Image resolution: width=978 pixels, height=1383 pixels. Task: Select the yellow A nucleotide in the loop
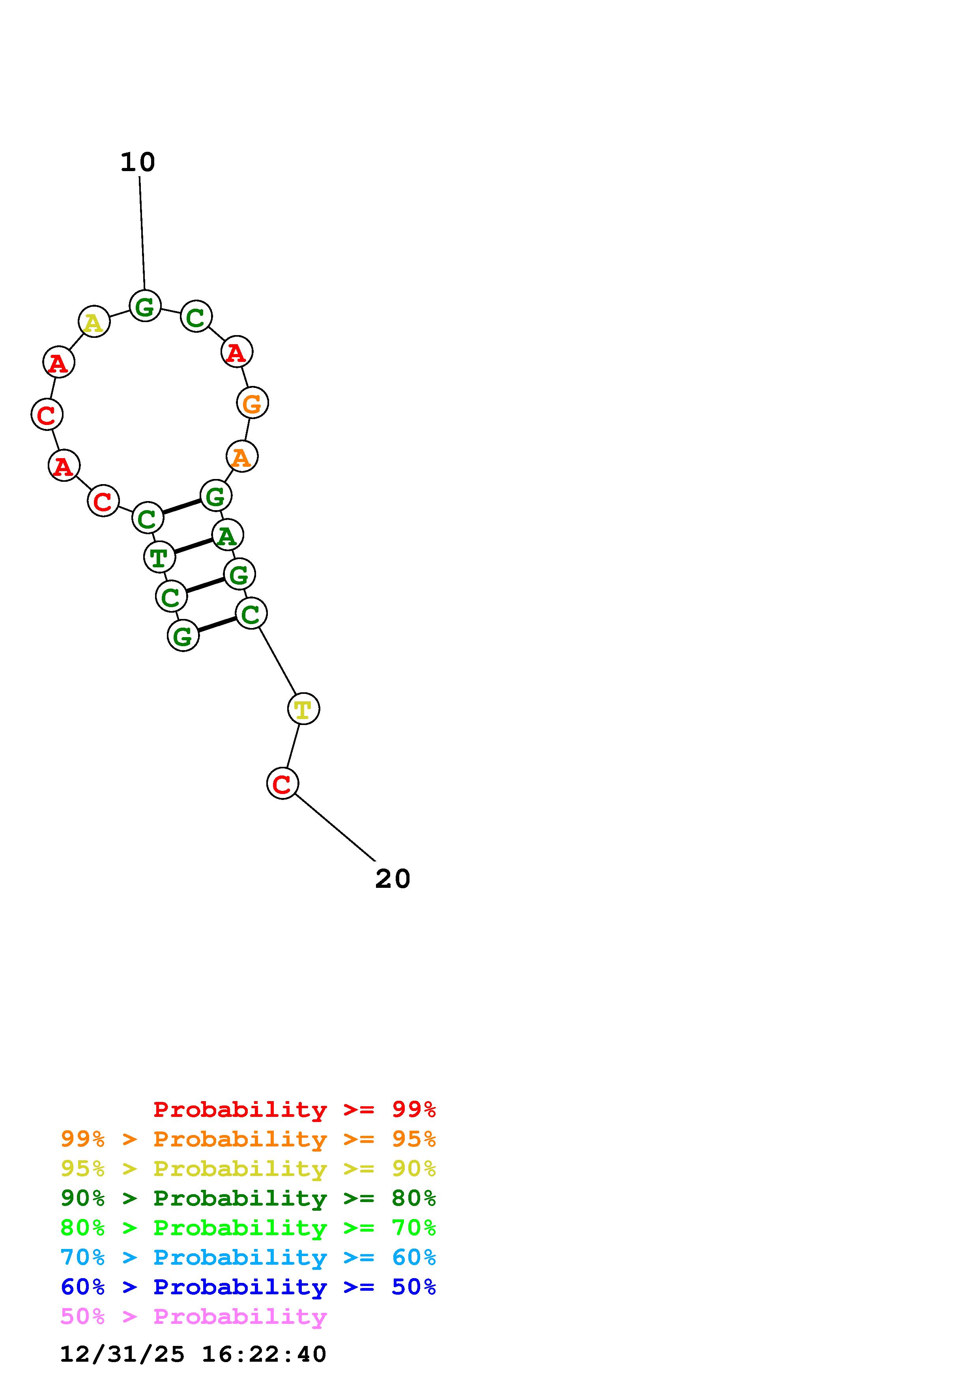[x=94, y=322]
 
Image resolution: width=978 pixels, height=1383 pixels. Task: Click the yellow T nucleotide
[x=303, y=708]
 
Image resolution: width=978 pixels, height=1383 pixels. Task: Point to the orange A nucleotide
[x=241, y=456]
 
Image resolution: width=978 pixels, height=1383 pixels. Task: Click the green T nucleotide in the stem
[x=159, y=557]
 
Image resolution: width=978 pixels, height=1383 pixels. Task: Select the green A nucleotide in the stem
[x=227, y=535]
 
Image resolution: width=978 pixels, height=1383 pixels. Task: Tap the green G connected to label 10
[x=145, y=306]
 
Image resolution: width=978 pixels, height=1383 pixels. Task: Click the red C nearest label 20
[x=282, y=783]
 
